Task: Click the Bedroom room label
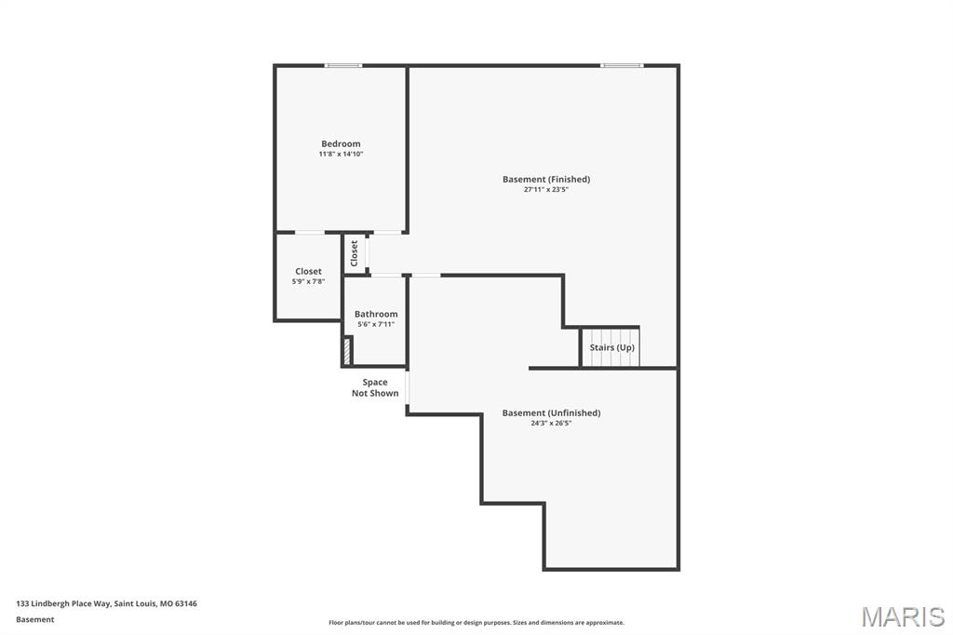pos(341,144)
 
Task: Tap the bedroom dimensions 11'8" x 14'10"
pos(341,155)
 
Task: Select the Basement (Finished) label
pos(545,180)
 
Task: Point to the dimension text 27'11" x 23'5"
pos(545,190)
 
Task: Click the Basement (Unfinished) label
pos(551,413)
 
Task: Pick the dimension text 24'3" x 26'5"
pos(551,424)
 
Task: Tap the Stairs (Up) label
pos(611,348)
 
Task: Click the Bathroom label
pos(376,315)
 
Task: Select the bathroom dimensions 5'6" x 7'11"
pos(376,325)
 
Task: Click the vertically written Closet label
pos(355,253)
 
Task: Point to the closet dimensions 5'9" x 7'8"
pos(308,282)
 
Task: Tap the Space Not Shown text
pos(375,388)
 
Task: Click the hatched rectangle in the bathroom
pos(347,352)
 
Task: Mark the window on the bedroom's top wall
pos(343,66)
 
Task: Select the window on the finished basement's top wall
pos(622,66)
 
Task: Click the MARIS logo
pos(903,616)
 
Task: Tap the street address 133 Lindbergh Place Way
pos(63,604)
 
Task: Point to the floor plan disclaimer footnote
pos(476,623)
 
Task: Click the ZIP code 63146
pos(186,604)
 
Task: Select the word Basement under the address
pos(34,620)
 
